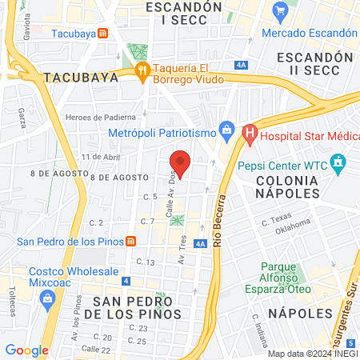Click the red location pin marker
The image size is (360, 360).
click(182, 162)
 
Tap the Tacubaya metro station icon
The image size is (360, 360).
click(103, 34)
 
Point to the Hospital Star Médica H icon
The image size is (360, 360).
click(250, 130)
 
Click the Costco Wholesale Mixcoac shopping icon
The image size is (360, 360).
click(46, 299)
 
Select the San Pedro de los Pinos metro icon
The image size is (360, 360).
click(130, 242)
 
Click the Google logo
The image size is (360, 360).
click(26, 350)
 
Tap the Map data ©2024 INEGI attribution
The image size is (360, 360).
click(312, 354)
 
